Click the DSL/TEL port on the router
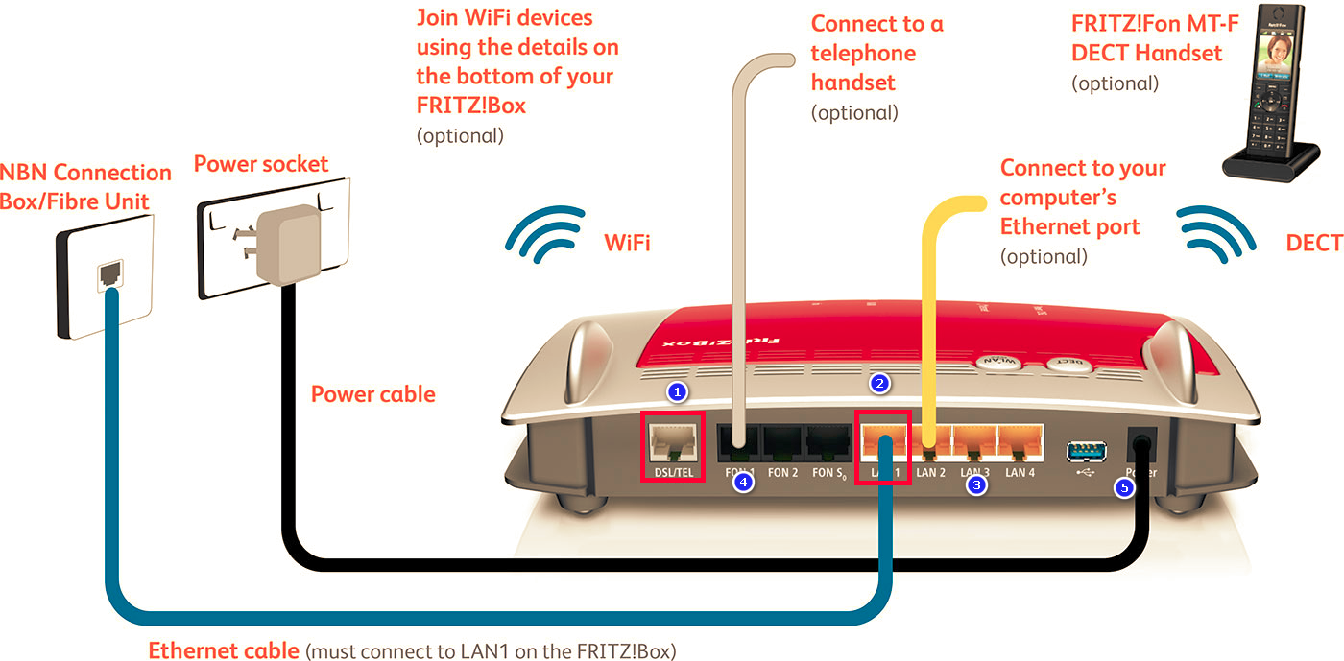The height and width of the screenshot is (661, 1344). point(672,443)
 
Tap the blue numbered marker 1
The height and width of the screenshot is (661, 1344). point(678,391)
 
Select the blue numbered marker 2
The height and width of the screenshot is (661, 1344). point(879,384)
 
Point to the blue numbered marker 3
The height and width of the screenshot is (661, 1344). point(976,485)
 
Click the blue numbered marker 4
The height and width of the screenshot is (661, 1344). point(742,484)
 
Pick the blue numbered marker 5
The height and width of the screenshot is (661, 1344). point(1124,487)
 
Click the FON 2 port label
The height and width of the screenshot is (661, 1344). point(783,473)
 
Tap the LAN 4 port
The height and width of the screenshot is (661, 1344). point(1020,443)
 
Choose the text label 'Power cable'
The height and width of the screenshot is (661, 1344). point(372,394)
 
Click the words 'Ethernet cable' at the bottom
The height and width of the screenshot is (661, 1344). point(223,650)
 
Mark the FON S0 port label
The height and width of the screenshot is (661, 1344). point(829,473)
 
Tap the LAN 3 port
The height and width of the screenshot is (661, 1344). point(972,443)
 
